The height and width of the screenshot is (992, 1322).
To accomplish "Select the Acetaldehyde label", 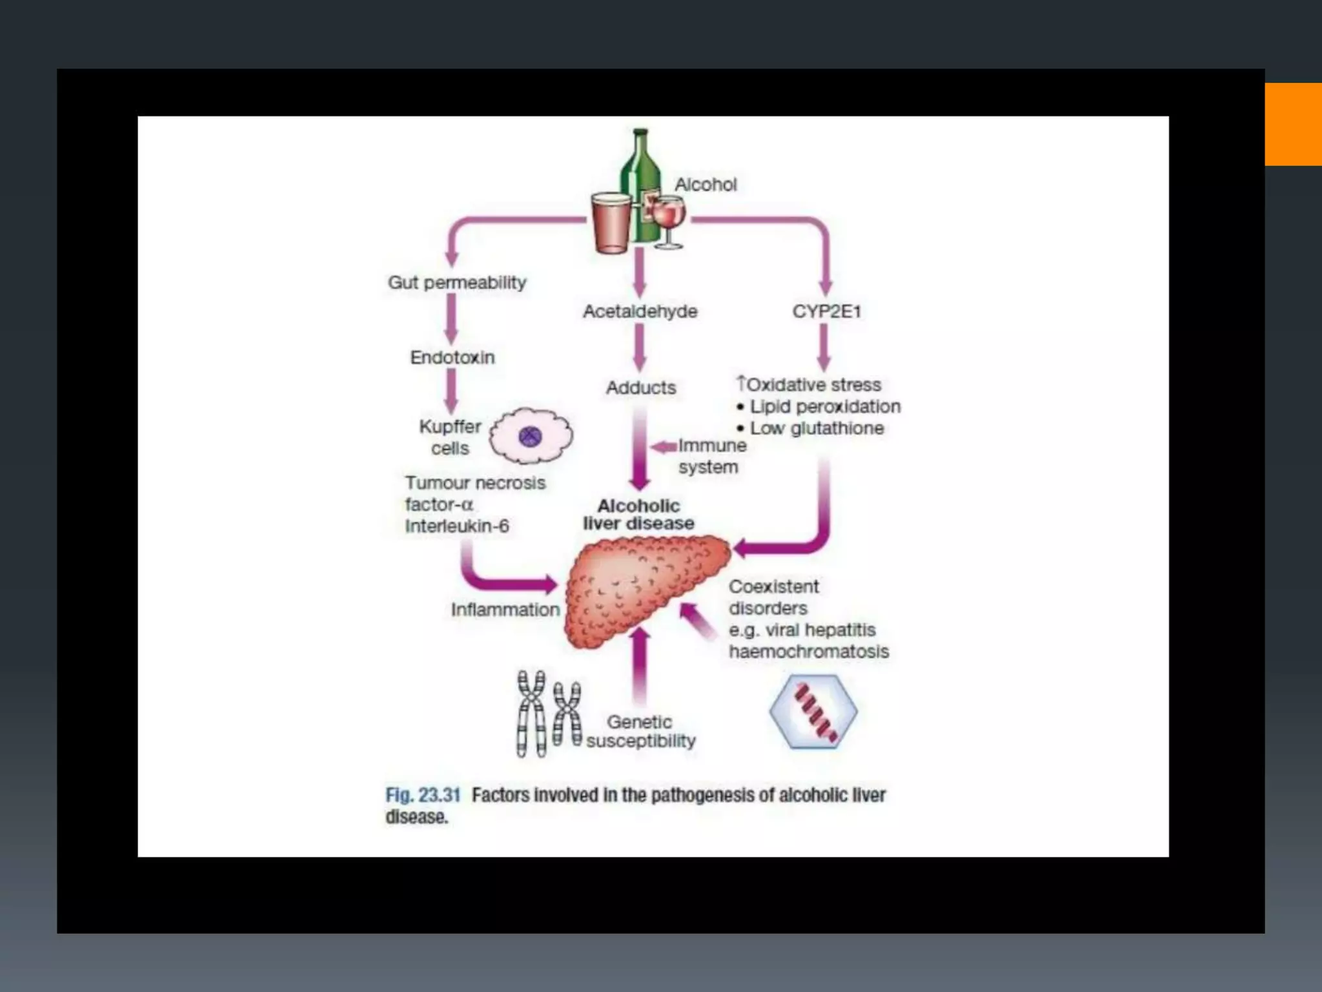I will tap(640, 311).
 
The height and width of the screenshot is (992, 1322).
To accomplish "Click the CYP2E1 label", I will tap(826, 311).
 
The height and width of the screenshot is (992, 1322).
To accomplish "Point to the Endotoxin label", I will tap(453, 357).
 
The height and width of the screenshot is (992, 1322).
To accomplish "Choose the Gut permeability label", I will tap(457, 282).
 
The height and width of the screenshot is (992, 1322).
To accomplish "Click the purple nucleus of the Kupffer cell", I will tap(531, 437).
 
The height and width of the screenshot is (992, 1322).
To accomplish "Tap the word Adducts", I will tap(640, 387).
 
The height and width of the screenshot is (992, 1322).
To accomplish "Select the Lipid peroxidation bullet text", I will tap(824, 406).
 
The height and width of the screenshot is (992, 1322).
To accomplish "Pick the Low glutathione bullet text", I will tap(817, 428).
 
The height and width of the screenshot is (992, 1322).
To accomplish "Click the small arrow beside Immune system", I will tap(663, 447).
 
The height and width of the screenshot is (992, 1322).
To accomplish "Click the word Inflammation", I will tap(505, 609).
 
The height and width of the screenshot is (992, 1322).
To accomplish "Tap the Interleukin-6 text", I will tap(457, 526).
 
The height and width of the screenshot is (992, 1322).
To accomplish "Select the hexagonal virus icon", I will tap(813, 711).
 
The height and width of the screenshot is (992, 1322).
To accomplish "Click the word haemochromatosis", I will tap(809, 651).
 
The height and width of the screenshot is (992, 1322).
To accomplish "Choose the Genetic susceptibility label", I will tap(640, 731).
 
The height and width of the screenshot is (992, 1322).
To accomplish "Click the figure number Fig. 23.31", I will tap(423, 795).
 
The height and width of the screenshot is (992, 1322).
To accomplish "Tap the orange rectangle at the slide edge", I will tap(1293, 124).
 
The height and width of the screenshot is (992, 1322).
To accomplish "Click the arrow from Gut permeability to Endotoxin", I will tap(451, 319).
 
